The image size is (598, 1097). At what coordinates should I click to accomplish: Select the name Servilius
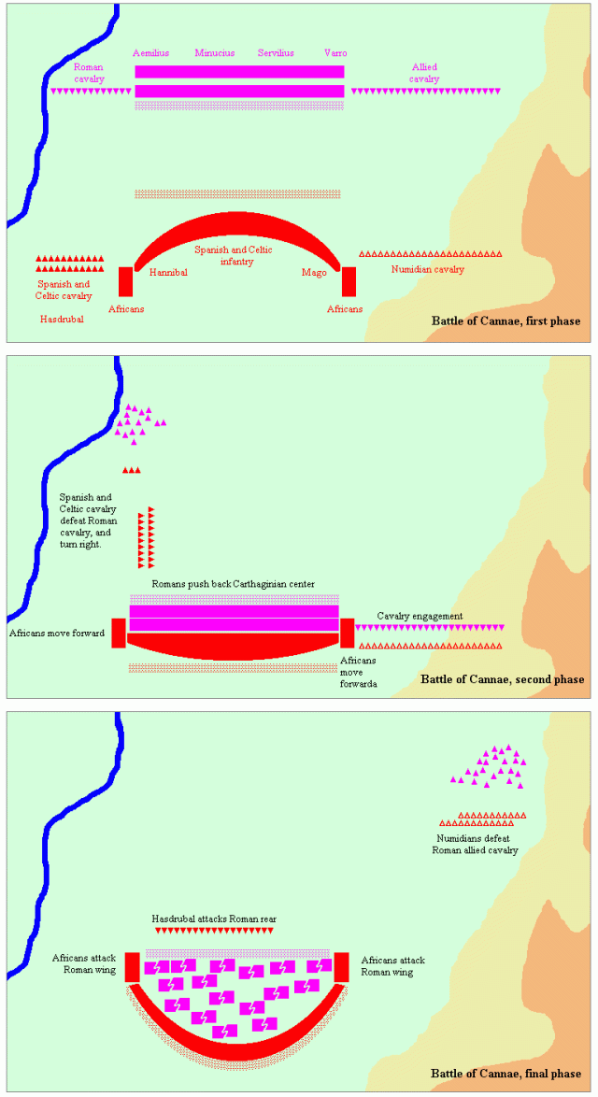coord(276,53)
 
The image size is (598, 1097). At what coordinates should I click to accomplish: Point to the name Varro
coord(335,53)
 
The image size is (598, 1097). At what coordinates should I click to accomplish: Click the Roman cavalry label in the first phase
coord(89,73)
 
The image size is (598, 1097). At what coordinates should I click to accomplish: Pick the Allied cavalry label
coord(425,73)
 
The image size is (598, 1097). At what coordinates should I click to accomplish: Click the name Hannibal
coord(168,272)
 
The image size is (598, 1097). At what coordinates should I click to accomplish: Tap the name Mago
coord(314,272)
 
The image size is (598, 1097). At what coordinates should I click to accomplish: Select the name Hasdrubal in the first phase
coord(62,319)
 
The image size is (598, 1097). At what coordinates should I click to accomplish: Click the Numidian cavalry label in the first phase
coord(427,269)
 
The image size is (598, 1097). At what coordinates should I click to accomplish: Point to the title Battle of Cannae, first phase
coord(505,321)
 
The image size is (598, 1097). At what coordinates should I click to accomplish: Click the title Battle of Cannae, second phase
coord(503,679)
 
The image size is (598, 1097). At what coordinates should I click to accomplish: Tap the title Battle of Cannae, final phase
coord(505,1076)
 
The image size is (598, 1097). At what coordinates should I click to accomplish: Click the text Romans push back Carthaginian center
coord(234,584)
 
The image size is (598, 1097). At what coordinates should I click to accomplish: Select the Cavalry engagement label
coord(420,616)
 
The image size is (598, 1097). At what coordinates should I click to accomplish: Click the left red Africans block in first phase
coord(125,281)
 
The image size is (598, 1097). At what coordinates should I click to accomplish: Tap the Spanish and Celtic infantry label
coord(234,256)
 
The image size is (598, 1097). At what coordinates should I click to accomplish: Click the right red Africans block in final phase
coord(341,966)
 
